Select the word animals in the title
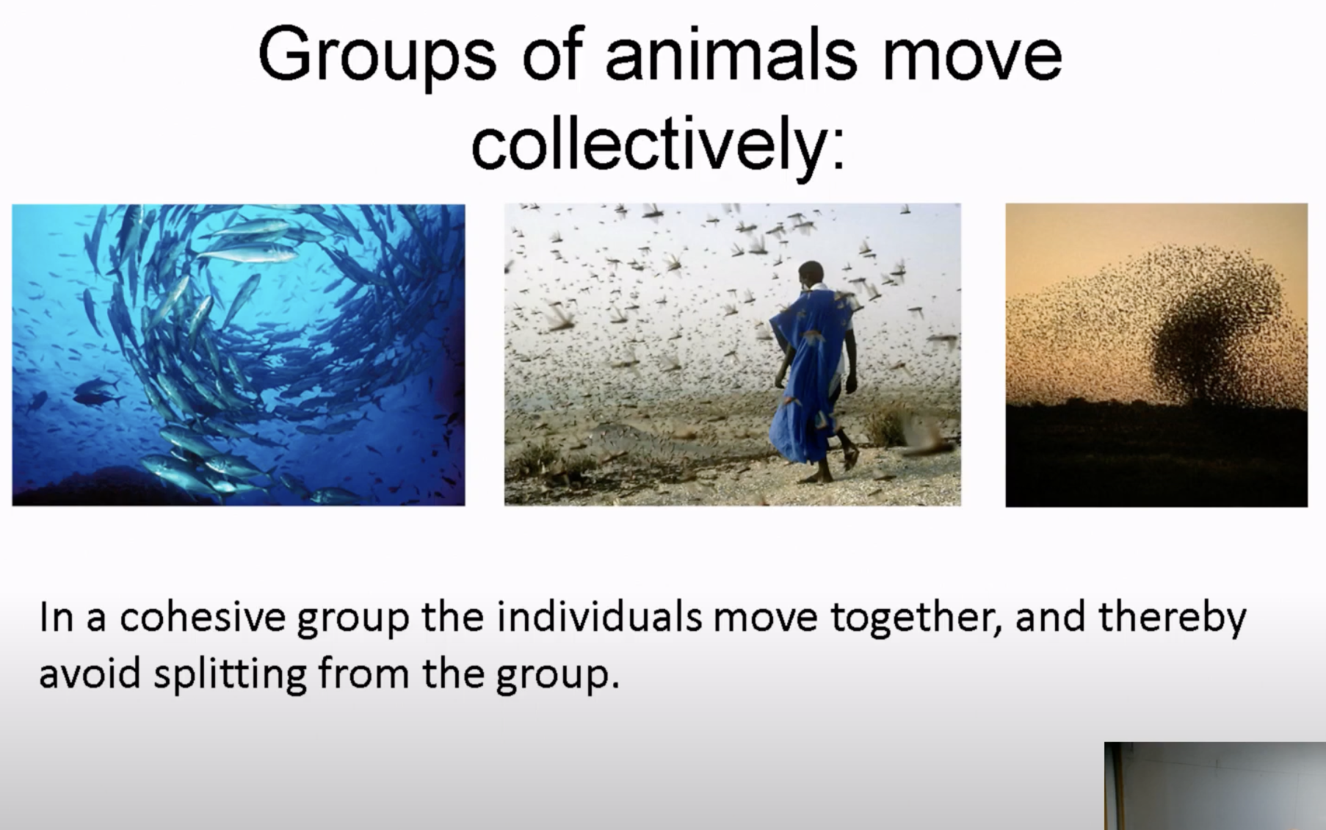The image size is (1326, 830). coord(731,55)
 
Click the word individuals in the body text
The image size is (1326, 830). coord(599,616)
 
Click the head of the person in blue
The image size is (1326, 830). coord(811,274)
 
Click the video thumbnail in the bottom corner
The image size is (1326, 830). coord(1215,786)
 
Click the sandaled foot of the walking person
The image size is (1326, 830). coord(850,457)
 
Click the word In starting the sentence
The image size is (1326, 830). coord(57,617)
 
